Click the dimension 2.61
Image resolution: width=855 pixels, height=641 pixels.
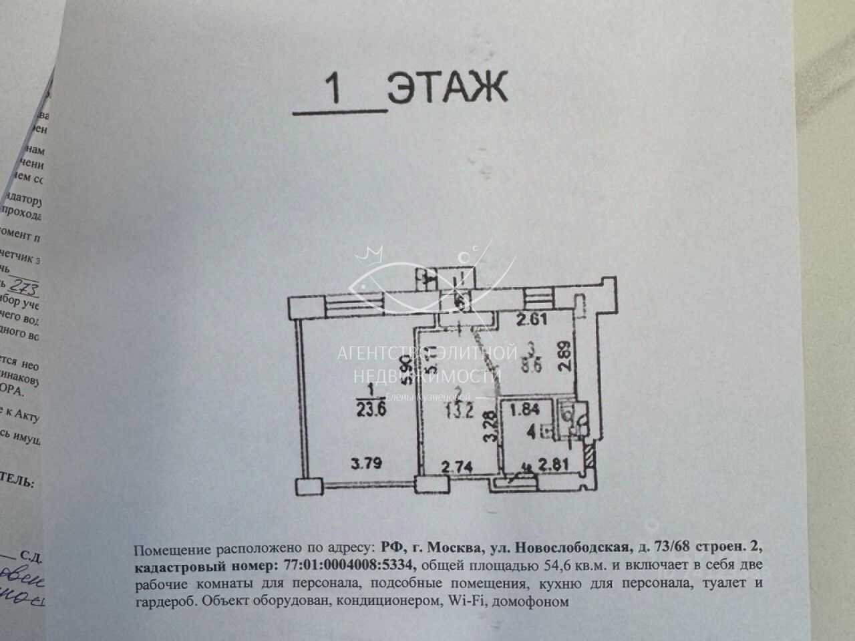tap(533, 318)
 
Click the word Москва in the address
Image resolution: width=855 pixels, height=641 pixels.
tap(457, 549)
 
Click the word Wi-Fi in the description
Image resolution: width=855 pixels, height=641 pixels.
tap(466, 601)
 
